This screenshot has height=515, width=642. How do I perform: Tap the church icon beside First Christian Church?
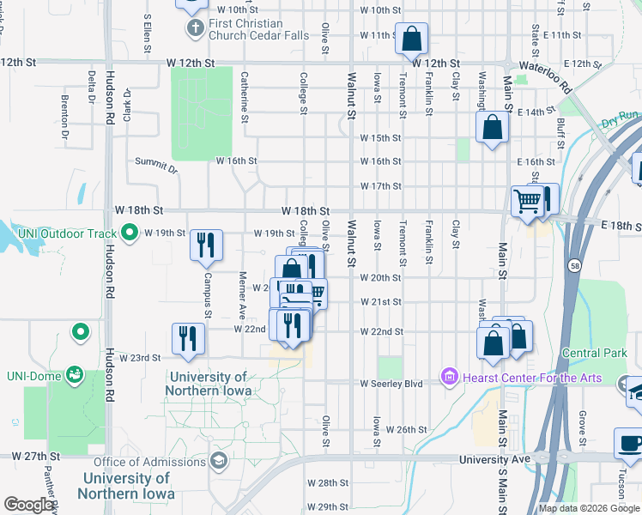click(194, 28)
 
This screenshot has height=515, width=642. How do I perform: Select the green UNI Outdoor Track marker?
click(130, 232)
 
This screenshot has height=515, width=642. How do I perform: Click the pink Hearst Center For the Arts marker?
click(447, 376)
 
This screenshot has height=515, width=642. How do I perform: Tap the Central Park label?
click(594, 353)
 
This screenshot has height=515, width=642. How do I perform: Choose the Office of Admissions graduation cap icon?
click(219, 463)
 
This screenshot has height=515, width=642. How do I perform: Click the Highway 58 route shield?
click(572, 267)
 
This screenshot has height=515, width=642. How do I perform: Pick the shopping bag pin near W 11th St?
click(412, 39)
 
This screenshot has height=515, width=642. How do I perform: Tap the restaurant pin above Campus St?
click(205, 245)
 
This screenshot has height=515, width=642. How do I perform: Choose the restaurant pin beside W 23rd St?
click(188, 337)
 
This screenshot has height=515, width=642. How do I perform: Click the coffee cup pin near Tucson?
click(630, 444)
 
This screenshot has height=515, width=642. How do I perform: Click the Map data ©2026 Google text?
click(588, 508)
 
